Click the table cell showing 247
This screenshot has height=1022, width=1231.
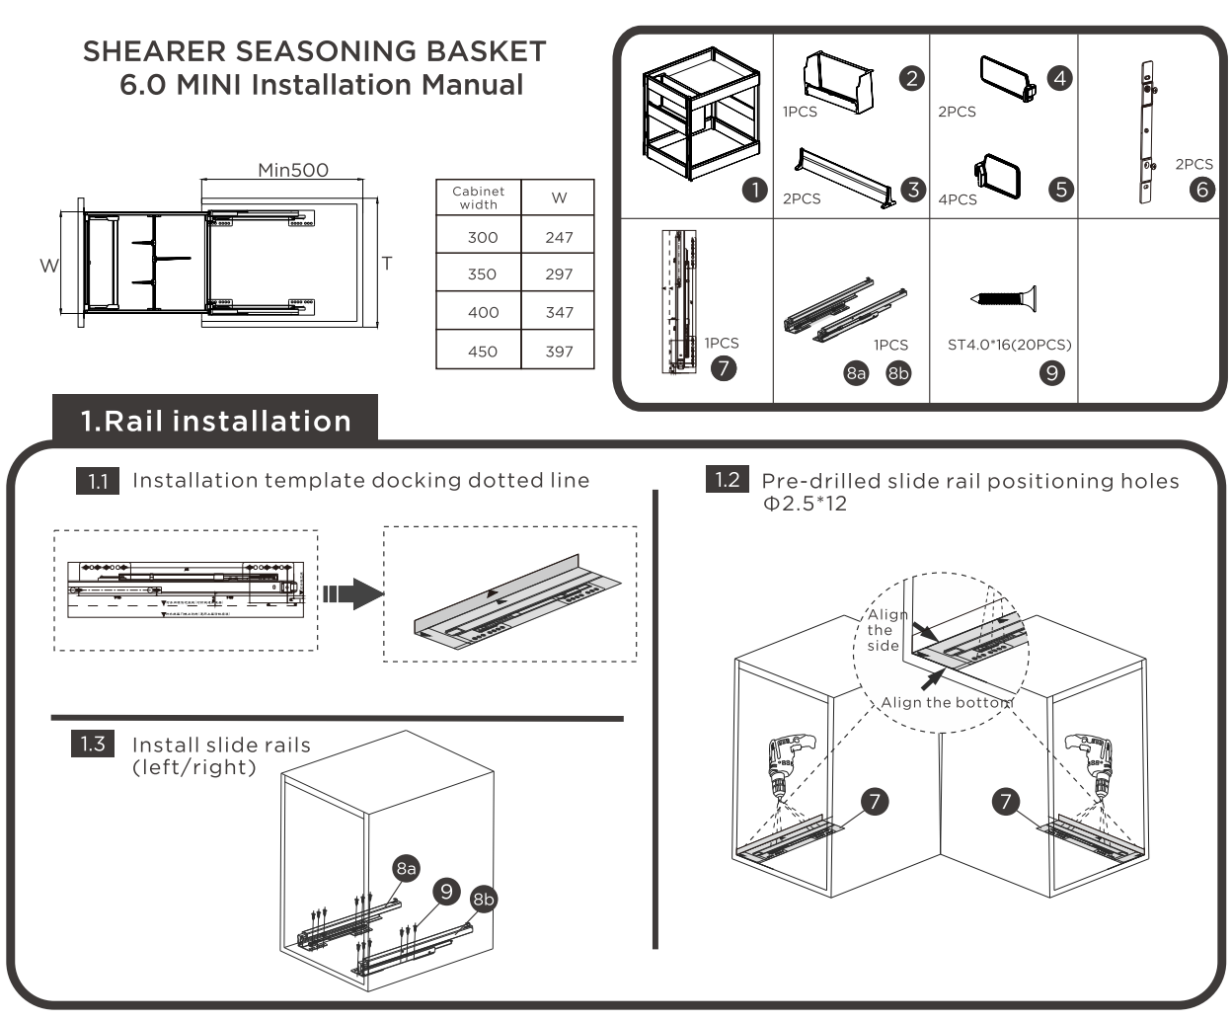coord(559,237)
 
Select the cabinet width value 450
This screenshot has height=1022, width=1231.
coord(482,352)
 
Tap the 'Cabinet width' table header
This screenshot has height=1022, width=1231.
coord(478,197)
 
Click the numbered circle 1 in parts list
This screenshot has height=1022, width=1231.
coord(755,190)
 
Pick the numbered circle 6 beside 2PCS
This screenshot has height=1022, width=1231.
coord(1202,189)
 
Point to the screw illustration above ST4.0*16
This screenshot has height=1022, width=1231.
coord(1003,297)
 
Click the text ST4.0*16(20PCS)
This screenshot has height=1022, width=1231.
coord(1009,345)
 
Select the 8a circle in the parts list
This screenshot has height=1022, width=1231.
coord(856,373)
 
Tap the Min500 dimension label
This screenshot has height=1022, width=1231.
coord(292,170)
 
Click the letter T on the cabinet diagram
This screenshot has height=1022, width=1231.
coord(387,264)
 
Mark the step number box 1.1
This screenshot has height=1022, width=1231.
coord(97,481)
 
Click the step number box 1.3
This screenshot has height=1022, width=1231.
coord(93,744)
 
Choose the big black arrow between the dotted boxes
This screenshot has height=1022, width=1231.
coord(352,593)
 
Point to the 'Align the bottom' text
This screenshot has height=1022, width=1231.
coord(946,703)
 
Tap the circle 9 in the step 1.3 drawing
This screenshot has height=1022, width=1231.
coord(446,892)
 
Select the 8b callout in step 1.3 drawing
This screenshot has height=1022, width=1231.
coord(483,899)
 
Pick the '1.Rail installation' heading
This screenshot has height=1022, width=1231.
coord(215,421)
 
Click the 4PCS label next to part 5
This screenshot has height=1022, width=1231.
coord(957,199)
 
